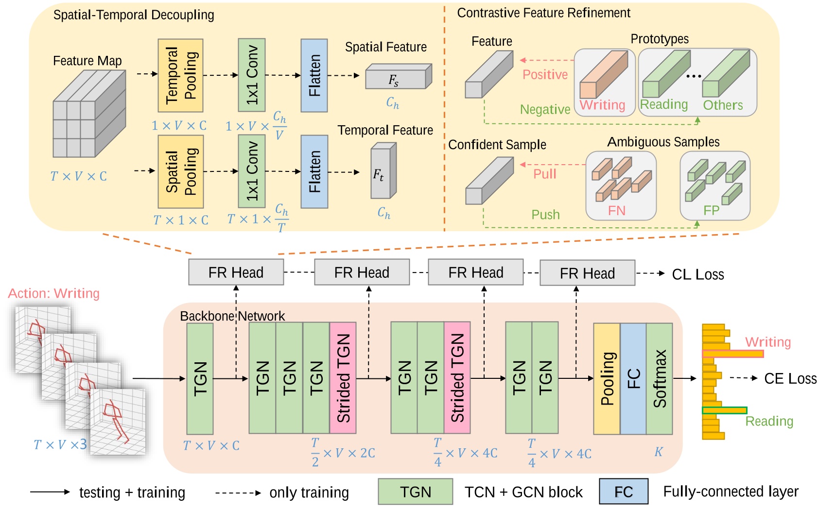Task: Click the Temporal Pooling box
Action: point(180,76)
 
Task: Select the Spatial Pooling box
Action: point(180,171)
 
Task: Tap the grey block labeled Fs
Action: point(399,77)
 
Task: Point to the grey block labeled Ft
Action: point(383,171)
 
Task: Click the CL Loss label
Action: point(698,274)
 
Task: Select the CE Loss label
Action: point(790,379)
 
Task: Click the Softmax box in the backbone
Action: point(660,378)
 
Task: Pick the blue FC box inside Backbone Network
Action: point(633,378)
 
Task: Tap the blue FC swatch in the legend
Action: point(624,492)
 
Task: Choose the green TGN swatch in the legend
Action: point(416,492)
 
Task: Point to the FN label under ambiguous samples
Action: point(617,210)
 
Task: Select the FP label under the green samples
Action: point(712,210)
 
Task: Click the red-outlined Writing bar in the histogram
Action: point(732,354)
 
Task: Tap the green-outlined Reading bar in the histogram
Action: point(725,410)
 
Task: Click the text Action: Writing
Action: point(53,293)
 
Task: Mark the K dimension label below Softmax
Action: point(659,452)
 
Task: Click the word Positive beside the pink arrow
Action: point(545,74)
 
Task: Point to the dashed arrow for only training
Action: point(239,493)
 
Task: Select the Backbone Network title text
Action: point(232,316)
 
